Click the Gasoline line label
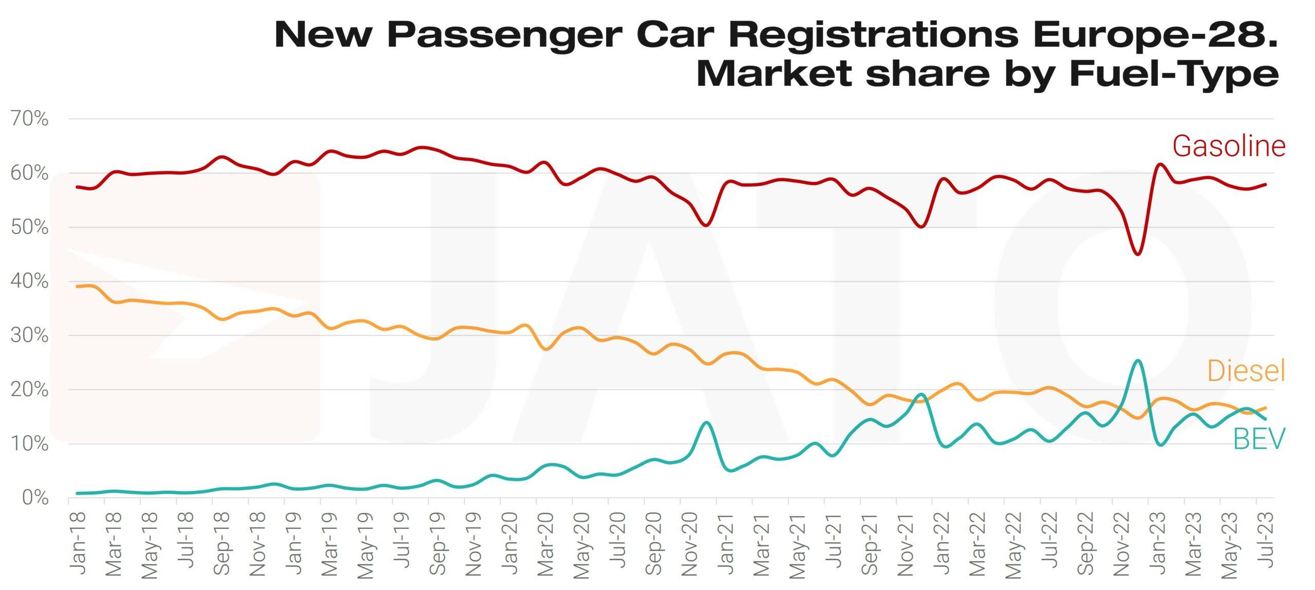pyautogui.click(x=1229, y=146)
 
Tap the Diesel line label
pyautogui.click(x=1246, y=371)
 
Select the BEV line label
pyautogui.click(x=1258, y=439)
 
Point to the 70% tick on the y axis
pyautogui.click(x=29, y=119)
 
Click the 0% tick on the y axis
pyautogui.click(x=35, y=498)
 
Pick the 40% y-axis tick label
pyautogui.click(x=29, y=281)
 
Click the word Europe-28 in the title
pyautogui.click(x=1153, y=35)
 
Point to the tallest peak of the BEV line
pyautogui.click(x=1137, y=360)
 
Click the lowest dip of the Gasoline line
pyautogui.click(x=1138, y=254)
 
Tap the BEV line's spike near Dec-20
pyautogui.click(x=706, y=423)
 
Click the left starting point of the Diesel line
pyautogui.click(x=77, y=287)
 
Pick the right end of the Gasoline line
pyautogui.click(x=1266, y=184)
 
